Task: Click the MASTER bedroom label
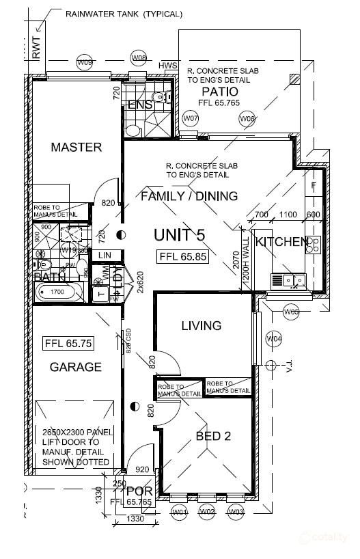click(76, 147)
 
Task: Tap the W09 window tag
click(85, 63)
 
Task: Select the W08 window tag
click(139, 57)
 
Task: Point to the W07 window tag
click(191, 119)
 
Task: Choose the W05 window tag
click(291, 312)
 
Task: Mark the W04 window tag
click(274, 338)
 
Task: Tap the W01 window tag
click(180, 512)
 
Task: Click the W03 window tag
click(236, 512)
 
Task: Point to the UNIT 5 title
click(179, 236)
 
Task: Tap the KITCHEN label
click(281, 242)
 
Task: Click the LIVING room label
click(202, 326)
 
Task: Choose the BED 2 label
click(213, 436)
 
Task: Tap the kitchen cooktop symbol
click(314, 245)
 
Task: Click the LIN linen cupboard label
click(105, 255)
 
